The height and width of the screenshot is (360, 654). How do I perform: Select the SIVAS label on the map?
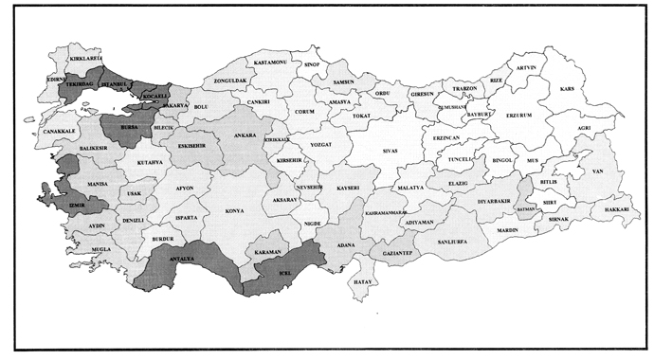[x=391, y=151]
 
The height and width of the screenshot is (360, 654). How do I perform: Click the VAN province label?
[x=597, y=171]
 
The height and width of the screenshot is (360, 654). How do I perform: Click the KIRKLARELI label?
[x=85, y=58]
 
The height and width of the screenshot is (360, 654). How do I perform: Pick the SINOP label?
[x=314, y=64]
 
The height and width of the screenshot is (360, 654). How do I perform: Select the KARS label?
[x=568, y=88]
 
